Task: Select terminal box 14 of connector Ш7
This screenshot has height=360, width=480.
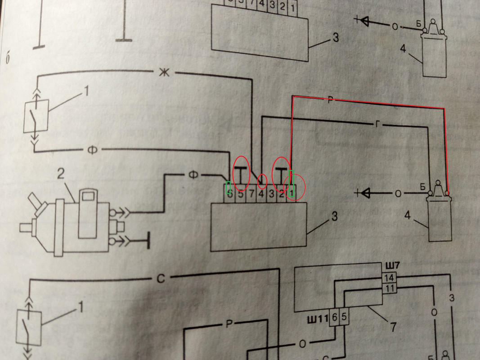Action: (389, 278)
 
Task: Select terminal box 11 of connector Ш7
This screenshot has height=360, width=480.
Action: (389, 288)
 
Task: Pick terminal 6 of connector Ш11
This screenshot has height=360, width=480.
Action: (335, 317)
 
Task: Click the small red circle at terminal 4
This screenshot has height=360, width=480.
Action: (261, 181)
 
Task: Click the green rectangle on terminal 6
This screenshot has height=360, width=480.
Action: (229, 187)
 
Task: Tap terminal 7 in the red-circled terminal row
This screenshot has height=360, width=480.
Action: (251, 194)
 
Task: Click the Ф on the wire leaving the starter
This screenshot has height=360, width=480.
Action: (193, 175)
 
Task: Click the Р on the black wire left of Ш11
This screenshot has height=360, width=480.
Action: (229, 325)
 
